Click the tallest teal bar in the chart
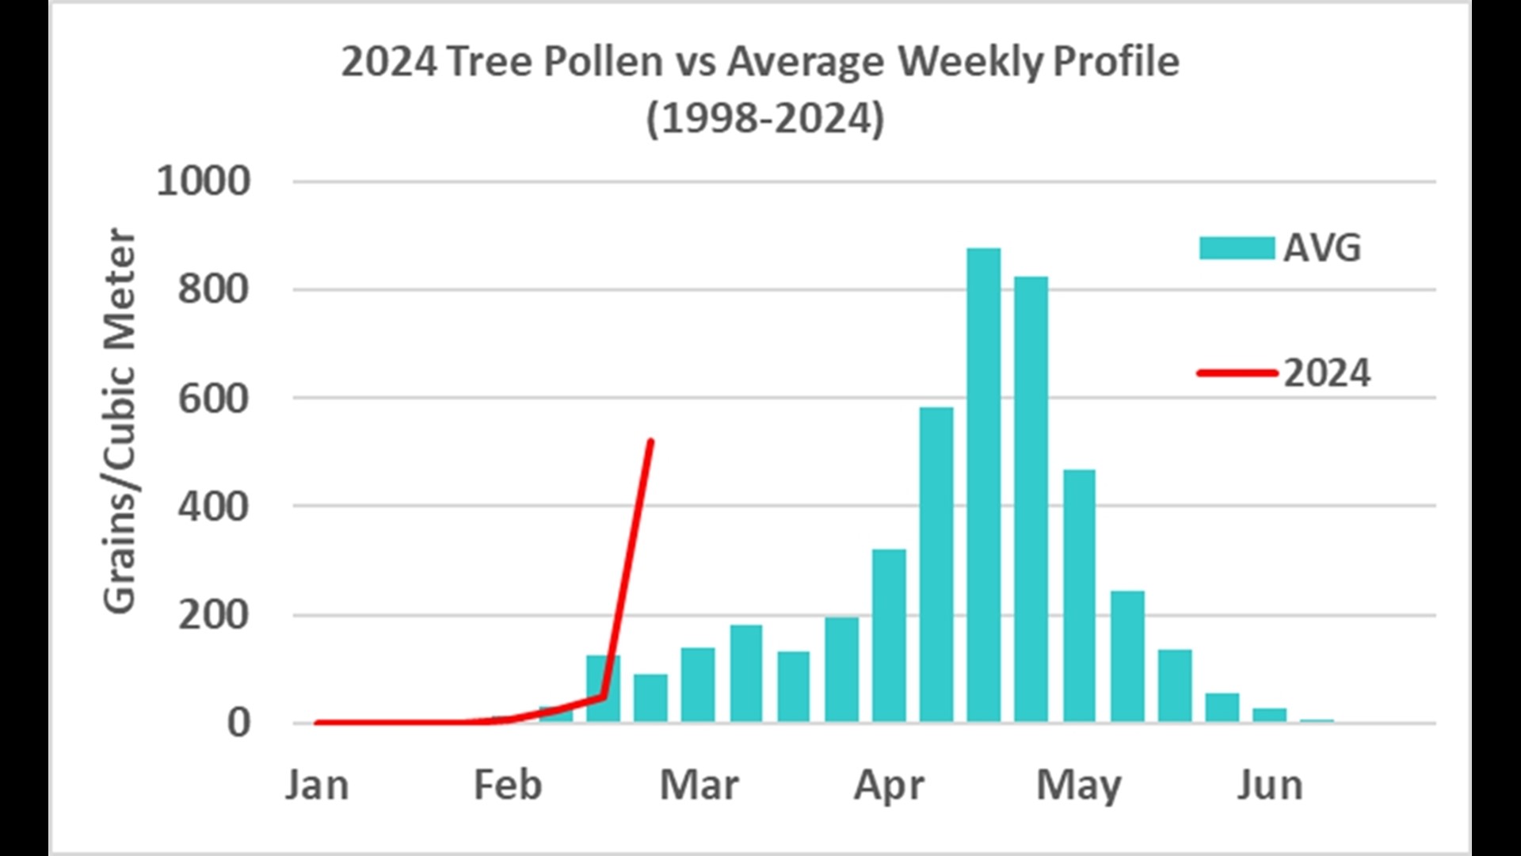click(x=983, y=483)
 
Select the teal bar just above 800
click(x=1031, y=499)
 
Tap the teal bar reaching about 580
click(x=936, y=563)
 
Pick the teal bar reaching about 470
click(x=1079, y=594)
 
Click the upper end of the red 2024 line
click(x=650, y=441)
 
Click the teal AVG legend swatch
click(x=1237, y=248)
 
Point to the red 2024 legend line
click(x=1237, y=373)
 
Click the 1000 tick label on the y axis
click(x=204, y=182)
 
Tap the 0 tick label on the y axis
click(x=238, y=723)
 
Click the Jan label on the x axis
click(x=317, y=785)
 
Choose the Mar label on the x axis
click(x=699, y=785)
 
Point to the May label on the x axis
click(x=1079, y=785)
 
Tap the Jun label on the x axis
click(x=1270, y=785)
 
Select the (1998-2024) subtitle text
click(x=765, y=119)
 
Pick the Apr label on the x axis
click(x=889, y=785)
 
